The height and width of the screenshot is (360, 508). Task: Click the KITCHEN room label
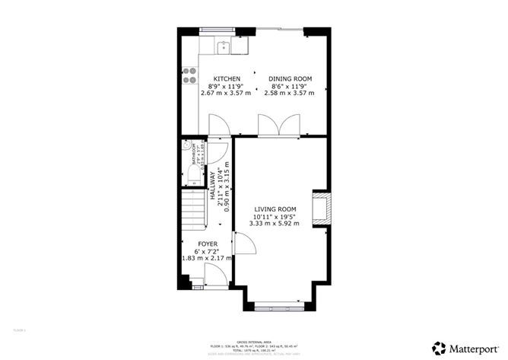[x=227, y=79]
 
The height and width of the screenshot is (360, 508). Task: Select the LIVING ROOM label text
[x=275, y=209]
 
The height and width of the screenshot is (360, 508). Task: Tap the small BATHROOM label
[x=195, y=157]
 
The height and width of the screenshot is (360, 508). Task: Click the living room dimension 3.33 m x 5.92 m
[x=275, y=224]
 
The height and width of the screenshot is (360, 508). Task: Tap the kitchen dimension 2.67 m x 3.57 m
[x=227, y=94]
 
